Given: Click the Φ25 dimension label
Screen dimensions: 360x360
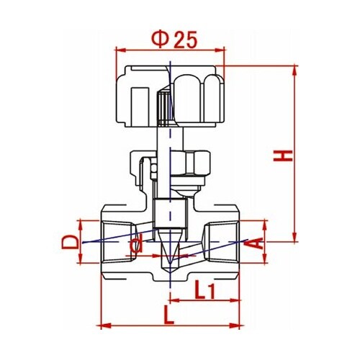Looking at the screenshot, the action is coord(174,39).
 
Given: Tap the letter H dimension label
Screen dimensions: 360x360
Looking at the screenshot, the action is coord(283,156).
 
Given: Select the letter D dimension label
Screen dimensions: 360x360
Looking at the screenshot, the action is coord(70,242).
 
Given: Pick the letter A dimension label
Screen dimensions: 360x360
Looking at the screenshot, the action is coord(253,243).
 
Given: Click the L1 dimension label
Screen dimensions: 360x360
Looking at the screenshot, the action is coord(204,289).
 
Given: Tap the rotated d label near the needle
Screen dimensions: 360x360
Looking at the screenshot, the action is coord(135,245).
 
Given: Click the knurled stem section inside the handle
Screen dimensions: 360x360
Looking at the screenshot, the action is coord(163,109).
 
